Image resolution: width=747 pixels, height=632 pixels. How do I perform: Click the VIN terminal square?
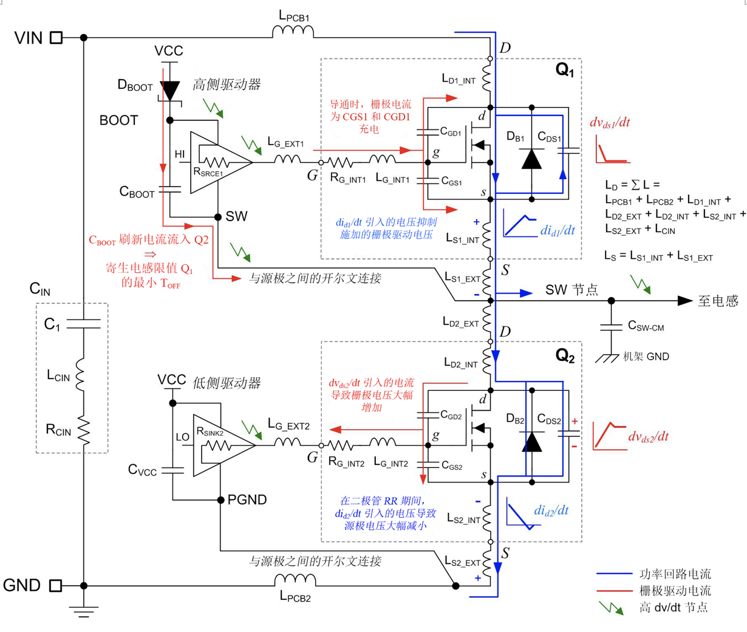coord(56,38)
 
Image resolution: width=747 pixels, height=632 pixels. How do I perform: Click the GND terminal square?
coord(55,585)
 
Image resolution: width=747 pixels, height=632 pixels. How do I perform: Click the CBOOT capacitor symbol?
coord(170,189)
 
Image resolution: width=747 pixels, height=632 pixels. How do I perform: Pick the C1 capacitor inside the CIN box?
coord(83,323)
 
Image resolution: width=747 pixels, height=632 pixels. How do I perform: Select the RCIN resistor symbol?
coord(84,431)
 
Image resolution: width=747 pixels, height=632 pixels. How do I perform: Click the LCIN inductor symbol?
coord(80,375)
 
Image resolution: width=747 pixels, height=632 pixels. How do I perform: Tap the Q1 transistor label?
coord(565,69)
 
